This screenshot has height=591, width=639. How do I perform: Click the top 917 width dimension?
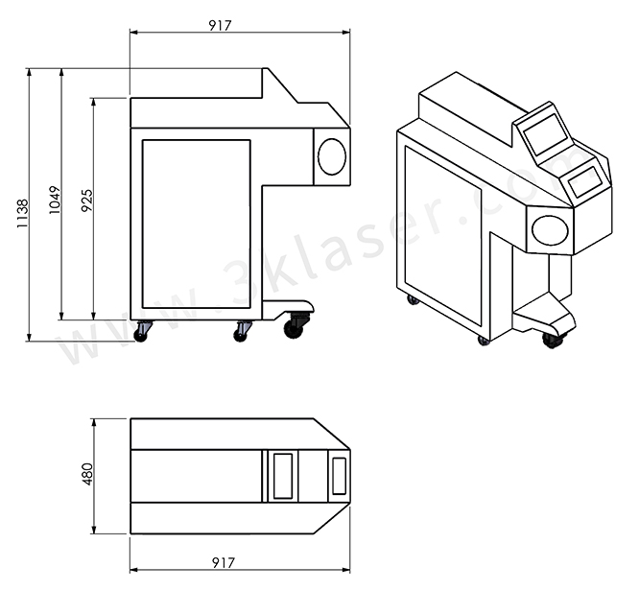point(220,26)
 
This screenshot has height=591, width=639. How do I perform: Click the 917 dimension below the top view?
point(223,562)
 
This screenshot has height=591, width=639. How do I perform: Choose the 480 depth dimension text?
point(86,475)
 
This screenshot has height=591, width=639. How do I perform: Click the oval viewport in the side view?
point(332,156)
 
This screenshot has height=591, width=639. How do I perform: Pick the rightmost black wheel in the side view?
point(294,328)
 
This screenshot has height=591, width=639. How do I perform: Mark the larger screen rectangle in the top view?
point(282,476)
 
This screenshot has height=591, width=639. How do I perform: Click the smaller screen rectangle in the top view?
point(339,476)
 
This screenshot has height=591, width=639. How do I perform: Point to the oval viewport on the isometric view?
point(550,229)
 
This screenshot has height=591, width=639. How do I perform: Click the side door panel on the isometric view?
point(442,235)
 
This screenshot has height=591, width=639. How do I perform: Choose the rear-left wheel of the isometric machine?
point(413,299)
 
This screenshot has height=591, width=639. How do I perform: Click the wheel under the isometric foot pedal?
point(552,339)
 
